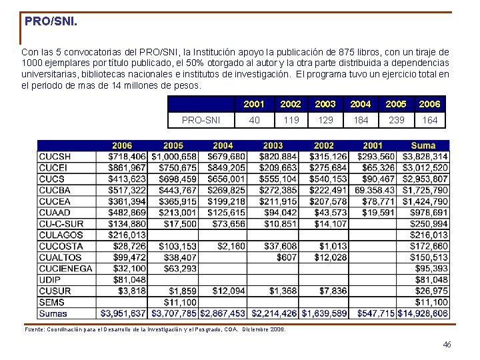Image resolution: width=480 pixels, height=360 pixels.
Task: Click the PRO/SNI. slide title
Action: [x=51, y=21]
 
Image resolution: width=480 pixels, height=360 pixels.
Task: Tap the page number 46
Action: [x=447, y=344]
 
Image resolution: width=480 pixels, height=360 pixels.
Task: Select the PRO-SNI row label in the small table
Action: [x=201, y=120]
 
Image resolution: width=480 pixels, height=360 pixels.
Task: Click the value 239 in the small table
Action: [x=396, y=120]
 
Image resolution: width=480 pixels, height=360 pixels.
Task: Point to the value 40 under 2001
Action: [x=254, y=120]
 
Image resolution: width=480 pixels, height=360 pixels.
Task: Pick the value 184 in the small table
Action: [x=360, y=120]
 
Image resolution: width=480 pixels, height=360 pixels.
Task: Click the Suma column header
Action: [x=423, y=145]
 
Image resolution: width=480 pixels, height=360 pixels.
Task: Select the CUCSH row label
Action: [x=55, y=157]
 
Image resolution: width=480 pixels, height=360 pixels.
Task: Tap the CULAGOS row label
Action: [x=61, y=235]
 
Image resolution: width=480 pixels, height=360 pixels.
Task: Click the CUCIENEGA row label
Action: [x=65, y=269]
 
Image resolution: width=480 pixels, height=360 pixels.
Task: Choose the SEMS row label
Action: [x=52, y=302]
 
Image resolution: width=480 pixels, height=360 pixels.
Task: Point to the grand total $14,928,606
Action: [x=423, y=313]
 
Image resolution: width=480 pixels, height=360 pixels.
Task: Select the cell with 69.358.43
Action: [x=375, y=190]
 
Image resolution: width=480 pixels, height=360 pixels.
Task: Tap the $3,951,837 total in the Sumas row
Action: [x=123, y=313]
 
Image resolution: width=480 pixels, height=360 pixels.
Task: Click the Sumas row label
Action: [x=53, y=313]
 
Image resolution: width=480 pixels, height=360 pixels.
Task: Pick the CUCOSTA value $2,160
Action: [x=231, y=246]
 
